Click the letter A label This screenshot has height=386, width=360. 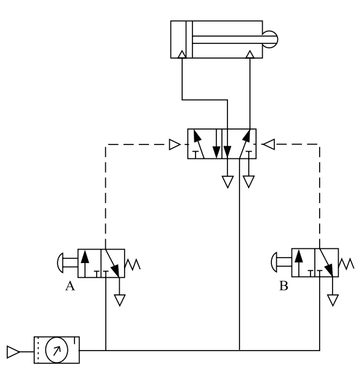pos(70,286)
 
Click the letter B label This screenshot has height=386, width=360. pos(284,286)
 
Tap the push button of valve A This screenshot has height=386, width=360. pos(61,262)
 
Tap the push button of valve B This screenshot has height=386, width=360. pos(274,262)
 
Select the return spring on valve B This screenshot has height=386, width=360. pos(346,264)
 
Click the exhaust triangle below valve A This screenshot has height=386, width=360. pos(120,300)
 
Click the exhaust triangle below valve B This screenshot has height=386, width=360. pos(333,300)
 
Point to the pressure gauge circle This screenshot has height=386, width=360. pos(57,350)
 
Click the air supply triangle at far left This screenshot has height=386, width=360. pos(13,352)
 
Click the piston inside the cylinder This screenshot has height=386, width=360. pos(189,39)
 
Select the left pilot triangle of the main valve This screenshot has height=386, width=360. pos(175,144)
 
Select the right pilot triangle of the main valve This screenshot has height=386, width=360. pos(268,144)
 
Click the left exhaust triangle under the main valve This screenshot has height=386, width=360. pos(227,182)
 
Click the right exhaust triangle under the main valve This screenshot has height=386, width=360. pos(249,182)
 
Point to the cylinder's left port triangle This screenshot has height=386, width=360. pos(182,54)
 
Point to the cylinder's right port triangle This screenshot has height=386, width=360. pos(250,54)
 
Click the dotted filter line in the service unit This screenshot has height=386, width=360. pos(38,350)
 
